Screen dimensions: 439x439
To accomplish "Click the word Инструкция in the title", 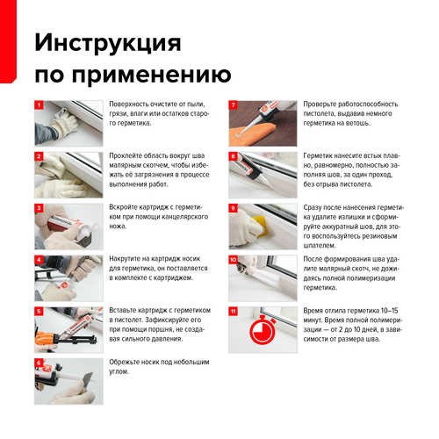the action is point(108,43).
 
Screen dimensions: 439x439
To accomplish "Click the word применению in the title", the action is point(151,75).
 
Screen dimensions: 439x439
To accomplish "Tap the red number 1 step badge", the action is point(39,105).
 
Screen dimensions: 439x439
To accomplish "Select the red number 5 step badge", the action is point(39,312).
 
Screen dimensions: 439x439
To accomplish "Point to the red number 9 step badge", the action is point(234,208).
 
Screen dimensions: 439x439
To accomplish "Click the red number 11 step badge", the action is point(234,312).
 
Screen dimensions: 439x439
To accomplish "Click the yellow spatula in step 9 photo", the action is point(261,225).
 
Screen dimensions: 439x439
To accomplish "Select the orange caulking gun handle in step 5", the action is point(46,339).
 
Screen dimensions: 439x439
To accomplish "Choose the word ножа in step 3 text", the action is point(118,227).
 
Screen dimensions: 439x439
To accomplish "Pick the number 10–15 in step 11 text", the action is point(389,311).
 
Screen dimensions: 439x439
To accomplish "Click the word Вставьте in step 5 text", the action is point(123,310).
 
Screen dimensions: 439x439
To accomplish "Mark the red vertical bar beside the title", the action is point(8,41).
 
